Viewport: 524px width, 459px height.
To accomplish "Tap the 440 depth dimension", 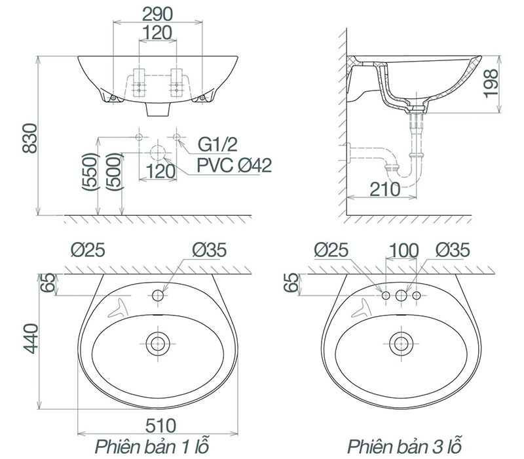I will click(x=29, y=338).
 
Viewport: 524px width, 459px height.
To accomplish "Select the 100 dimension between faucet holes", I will click(x=404, y=250).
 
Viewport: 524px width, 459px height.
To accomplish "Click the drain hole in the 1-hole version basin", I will click(x=157, y=342).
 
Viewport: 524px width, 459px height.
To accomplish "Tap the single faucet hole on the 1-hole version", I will click(x=157, y=296).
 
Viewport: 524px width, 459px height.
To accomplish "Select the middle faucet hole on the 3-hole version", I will click(x=400, y=296).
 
